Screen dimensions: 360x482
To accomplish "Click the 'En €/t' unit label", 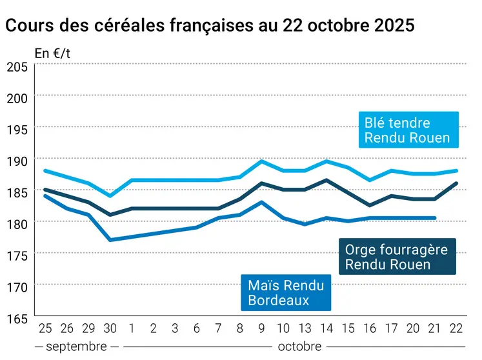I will point(52,54).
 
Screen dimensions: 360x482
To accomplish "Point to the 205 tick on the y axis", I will point(17,66).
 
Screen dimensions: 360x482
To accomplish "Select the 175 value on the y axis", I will point(17,256).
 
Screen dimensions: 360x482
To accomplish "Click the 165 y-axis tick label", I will point(17,319).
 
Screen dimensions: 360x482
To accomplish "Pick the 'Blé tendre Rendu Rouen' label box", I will point(407,130).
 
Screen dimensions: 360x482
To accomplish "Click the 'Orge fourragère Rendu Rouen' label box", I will point(397,257).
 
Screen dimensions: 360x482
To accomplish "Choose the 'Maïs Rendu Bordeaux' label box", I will point(286,292).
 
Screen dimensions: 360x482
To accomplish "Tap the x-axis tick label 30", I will point(110,328).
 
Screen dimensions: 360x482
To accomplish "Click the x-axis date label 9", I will point(261,328).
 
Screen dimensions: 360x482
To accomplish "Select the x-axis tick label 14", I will point(326,328).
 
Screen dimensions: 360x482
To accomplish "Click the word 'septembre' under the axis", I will point(77,346).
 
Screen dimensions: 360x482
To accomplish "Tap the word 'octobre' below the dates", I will point(299,346).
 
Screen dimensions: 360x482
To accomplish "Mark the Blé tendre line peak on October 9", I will point(261,161).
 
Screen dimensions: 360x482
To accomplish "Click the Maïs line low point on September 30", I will point(110,240).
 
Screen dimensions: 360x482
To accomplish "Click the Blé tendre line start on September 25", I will point(45,170).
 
